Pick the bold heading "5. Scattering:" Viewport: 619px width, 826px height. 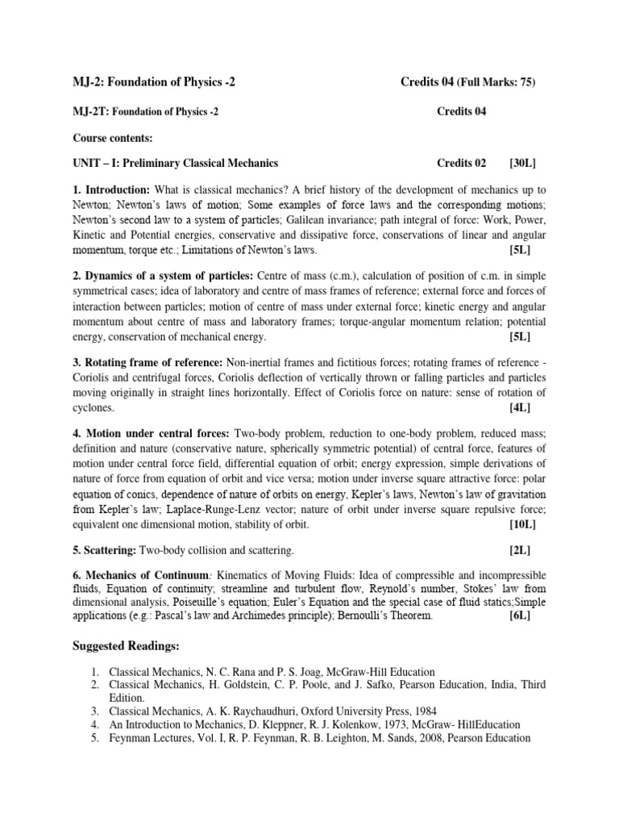click(105, 550)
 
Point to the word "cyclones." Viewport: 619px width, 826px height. click(94, 407)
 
